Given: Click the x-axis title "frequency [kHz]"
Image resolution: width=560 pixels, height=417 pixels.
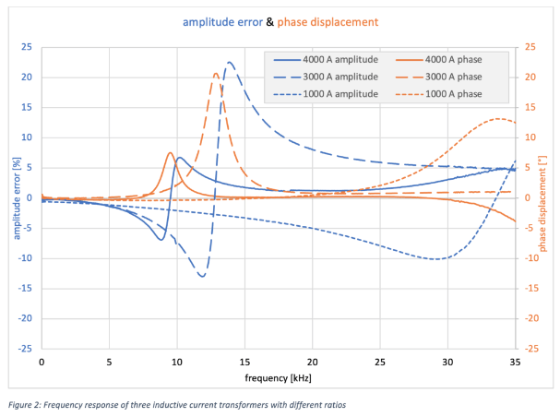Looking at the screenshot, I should point(278,378).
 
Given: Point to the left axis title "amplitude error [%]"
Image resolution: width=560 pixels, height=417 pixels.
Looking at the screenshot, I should point(16,197).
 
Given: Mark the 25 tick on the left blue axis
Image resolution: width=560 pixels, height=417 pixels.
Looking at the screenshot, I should point(28,47).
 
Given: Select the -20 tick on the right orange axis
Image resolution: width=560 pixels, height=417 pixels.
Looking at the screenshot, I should point(531,318).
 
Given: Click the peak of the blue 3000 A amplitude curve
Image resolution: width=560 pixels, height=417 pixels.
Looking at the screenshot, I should point(230,63).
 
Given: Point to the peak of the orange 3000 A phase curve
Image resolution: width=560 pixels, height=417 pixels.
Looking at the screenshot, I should point(216,74).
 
